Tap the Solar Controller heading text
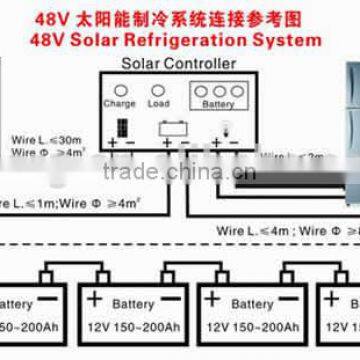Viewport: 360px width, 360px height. click(x=179, y=63)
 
